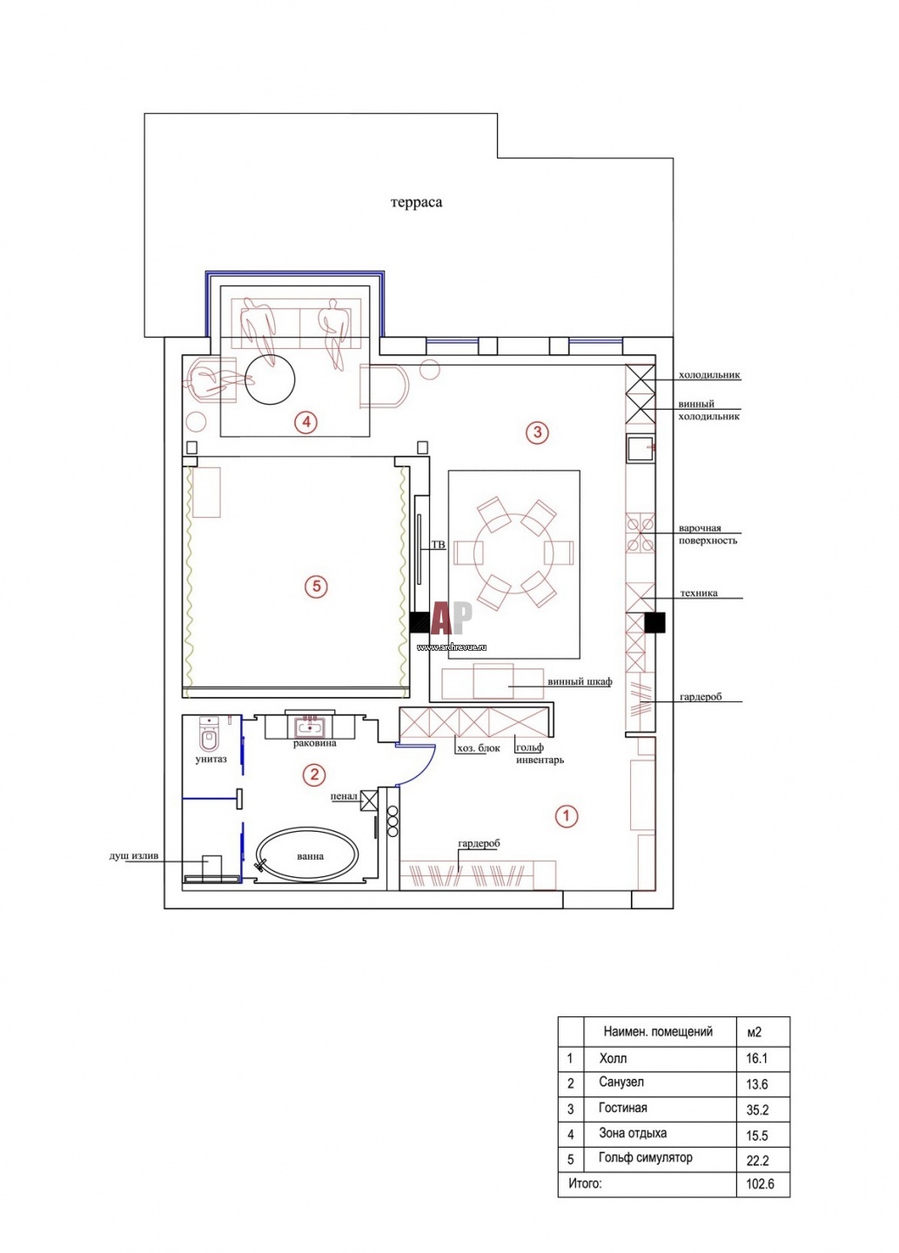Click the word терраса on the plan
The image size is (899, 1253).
click(x=416, y=202)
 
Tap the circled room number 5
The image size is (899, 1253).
click(x=316, y=586)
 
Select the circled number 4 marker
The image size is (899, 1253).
click(x=306, y=422)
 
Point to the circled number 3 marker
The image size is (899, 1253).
click(x=537, y=432)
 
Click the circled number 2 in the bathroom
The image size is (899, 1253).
click(x=313, y=774)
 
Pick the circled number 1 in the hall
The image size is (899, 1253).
click(x=566, y=816)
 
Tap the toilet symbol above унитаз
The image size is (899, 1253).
click(x=209, y=735)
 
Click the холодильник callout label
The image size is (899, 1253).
click(x=709, y=375)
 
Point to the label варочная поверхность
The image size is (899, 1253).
click(x=708, y=534)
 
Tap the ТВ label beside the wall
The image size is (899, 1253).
click(x=438, y=545)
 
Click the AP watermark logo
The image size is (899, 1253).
click(x=452, y=618)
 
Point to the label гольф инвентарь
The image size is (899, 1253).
click(x=540, y=754)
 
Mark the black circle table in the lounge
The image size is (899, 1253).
click(x=270, y=379)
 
